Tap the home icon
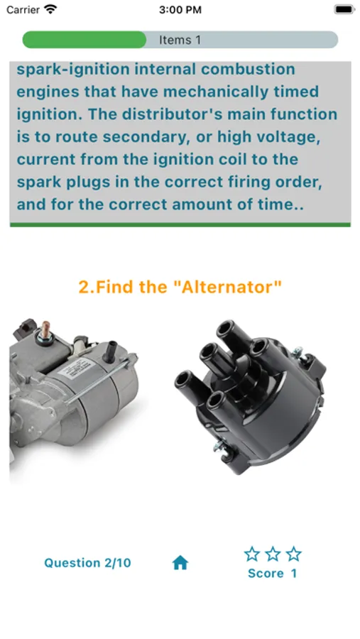click(180, 563)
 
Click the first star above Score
click(252, 554)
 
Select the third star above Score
click(293, 554)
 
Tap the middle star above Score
click(273, 554)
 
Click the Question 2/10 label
click(87, 563)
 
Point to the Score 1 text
click(273, 574)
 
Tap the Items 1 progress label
click(180, 40)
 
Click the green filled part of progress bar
click(84, 40)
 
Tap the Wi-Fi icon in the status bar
click(51, 9)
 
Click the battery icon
click(344, 9)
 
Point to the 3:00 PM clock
click(180, 9)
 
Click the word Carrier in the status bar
click(23, 9)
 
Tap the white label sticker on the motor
click(78, 370)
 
